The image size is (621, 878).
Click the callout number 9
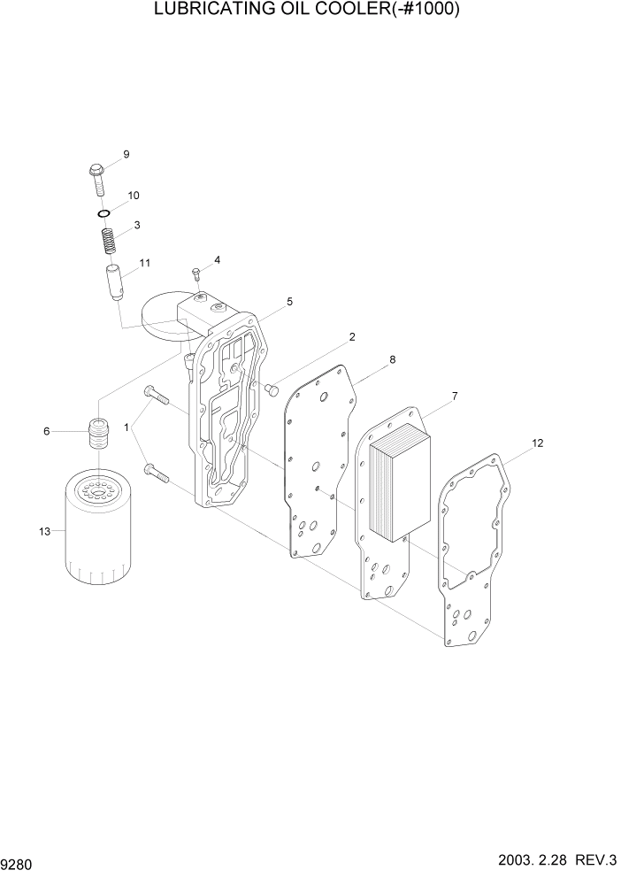(x=126, y=155)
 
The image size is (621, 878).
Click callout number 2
(x=351, y=337)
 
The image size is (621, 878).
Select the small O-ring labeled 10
(x=103, y=213)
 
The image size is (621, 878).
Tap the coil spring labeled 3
(x=107, y=240)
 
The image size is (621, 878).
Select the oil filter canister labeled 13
(x=97, y=528)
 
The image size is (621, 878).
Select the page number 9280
(x=19, y=861)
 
